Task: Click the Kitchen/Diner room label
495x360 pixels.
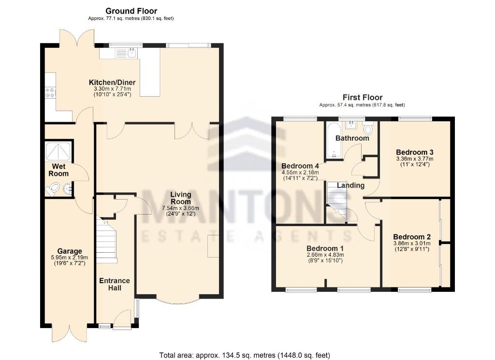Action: [x=112, y=83]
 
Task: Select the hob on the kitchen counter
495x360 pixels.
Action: [x=50, y=92]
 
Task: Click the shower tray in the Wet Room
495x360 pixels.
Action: [x=58, y=152]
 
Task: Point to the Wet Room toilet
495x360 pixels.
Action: [x=54, y=188]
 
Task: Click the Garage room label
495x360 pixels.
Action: [x=66, y=251]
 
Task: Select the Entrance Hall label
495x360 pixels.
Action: [x=115, y=284]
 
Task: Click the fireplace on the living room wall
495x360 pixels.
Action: [x=214, y=246]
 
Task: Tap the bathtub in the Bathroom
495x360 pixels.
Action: [x=333, y=141]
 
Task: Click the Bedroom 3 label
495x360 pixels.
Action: [x=415, y=151]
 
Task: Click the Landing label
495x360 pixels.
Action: [x=350, y=186]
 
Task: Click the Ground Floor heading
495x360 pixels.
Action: [x=131, y=11]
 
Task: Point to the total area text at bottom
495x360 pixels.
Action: [x=245, y=355]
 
